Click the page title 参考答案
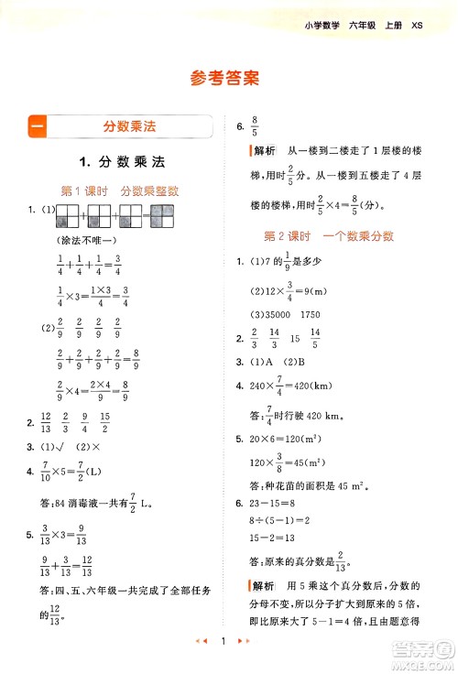(x=228, y=78)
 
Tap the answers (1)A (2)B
(x=283, y=361)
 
